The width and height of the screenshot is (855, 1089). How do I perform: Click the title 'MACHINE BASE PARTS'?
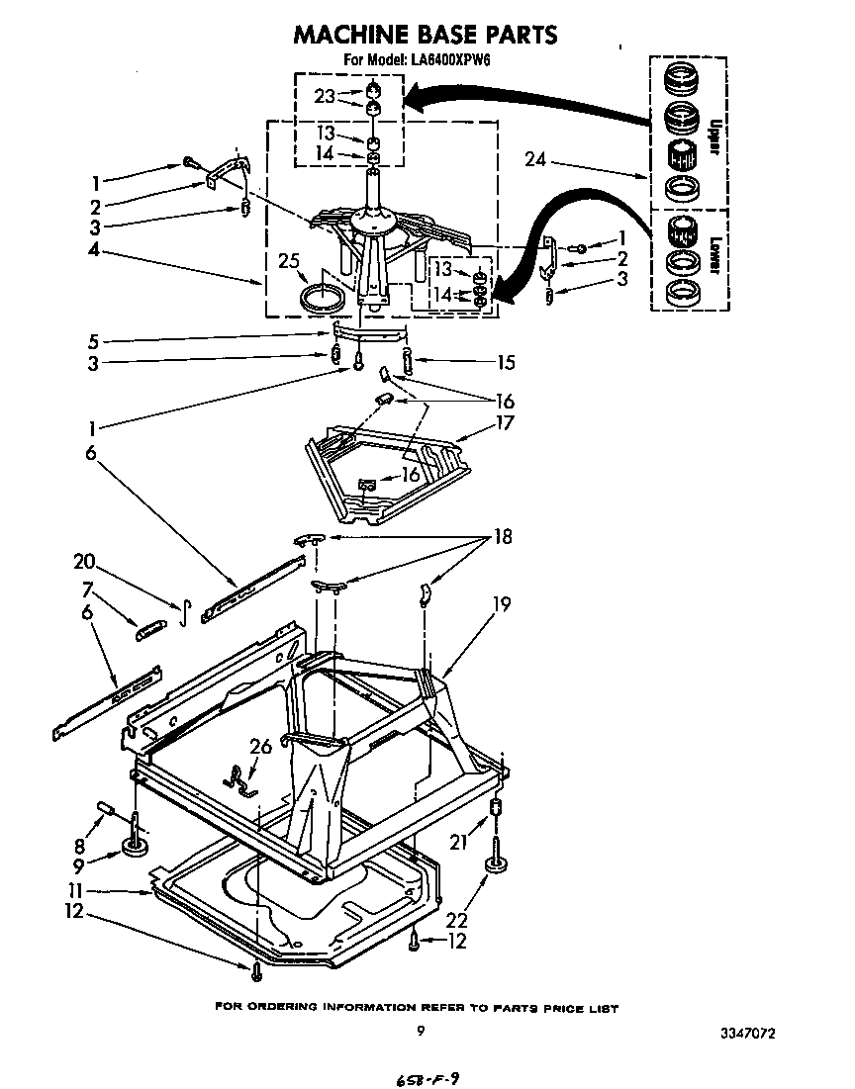tap(426, 35)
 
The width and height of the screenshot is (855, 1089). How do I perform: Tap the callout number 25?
tap(288, 261)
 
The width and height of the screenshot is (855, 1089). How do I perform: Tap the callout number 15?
tap(506, 363)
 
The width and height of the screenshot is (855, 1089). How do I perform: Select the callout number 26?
tap(260, 747)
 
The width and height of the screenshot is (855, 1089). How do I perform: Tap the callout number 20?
tap(84, 561)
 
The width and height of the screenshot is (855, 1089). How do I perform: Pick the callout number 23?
tap(325, 96)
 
